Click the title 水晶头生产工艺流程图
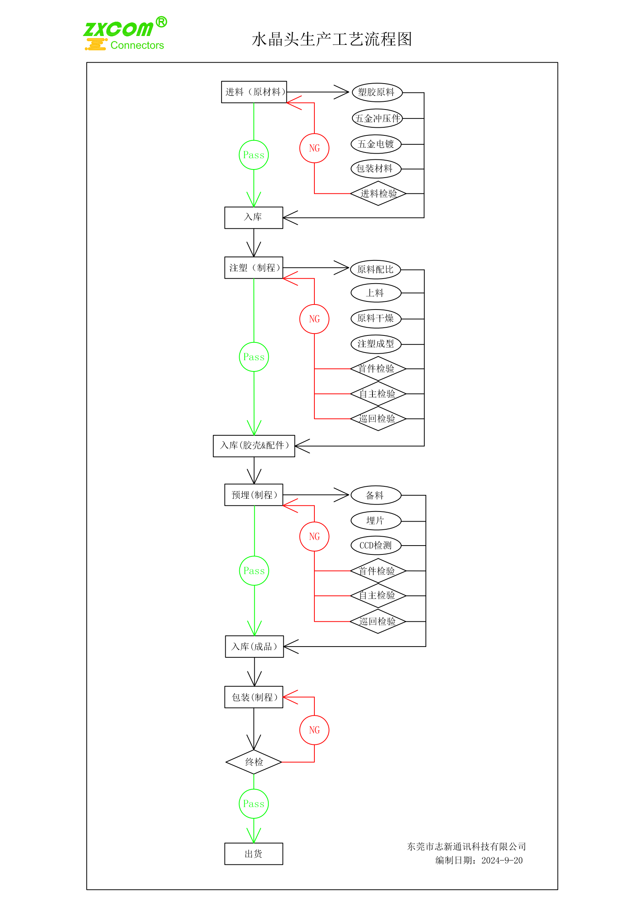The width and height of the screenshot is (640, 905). click(x=332, y=39)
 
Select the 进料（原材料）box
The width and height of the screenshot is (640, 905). click(x=254, y=92)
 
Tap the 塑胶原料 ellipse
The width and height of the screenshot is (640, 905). click(x=377, y=92)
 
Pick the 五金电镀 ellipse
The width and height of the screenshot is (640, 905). click(x=376, y=144)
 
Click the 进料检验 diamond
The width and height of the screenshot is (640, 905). click(x=378, y=193)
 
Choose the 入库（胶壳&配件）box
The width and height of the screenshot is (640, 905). click(x=254, y=446)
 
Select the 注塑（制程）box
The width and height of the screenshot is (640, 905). click(x=254, y=268)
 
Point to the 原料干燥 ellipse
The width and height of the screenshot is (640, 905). click(x=376, y=318)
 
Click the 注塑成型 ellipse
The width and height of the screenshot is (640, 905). click(x=376, y=344)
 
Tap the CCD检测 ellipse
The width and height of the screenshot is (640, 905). click(x=376, y=546)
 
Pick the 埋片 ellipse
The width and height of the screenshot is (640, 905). click(x=376, y=521)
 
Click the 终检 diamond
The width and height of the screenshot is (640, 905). click(x=254, y=762)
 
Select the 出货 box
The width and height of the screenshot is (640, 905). click(x=254, y=854)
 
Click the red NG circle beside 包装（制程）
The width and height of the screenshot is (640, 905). click(x=314, y=730)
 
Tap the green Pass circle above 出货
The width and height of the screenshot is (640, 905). click(x=254, y=804)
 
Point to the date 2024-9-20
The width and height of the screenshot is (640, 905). click(x=502, y=861)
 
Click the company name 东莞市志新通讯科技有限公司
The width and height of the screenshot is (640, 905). click(x=466, y=847)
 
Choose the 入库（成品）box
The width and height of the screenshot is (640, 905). click(x=254, y=647)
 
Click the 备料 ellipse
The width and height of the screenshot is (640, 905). click(x=376, y=496)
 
